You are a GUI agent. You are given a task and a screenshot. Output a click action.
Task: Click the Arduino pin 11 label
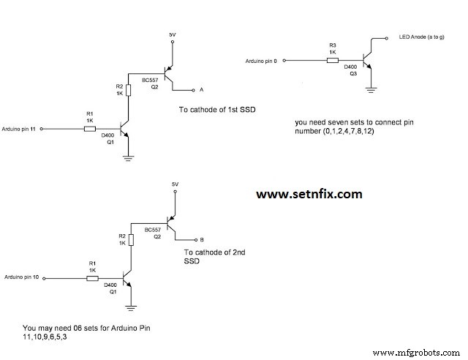click(x=19, y=128)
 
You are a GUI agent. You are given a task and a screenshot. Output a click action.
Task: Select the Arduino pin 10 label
click(x=20, y=278)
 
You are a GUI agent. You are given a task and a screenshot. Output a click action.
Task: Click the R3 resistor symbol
click(x=333, y=60)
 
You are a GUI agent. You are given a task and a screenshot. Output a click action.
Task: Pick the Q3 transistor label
click(x=352, y=74)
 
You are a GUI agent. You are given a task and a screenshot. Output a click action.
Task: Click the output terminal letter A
click(x=201, y=89)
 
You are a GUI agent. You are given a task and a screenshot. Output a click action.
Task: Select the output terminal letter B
click(x=202, y=239)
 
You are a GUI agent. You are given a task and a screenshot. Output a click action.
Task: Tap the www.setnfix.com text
click(x=309, y=194)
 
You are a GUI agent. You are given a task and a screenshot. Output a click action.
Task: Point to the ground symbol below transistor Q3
click(x=371, y=91)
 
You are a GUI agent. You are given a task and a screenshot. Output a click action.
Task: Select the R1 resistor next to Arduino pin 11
click(x=89, y=128)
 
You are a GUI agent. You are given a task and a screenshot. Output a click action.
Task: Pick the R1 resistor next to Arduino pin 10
click(x=92, y=278)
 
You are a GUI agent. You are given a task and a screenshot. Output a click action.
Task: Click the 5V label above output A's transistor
click(x=173, y=34)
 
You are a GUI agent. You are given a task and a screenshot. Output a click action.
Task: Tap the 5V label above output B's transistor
click(x=174, y=184)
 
